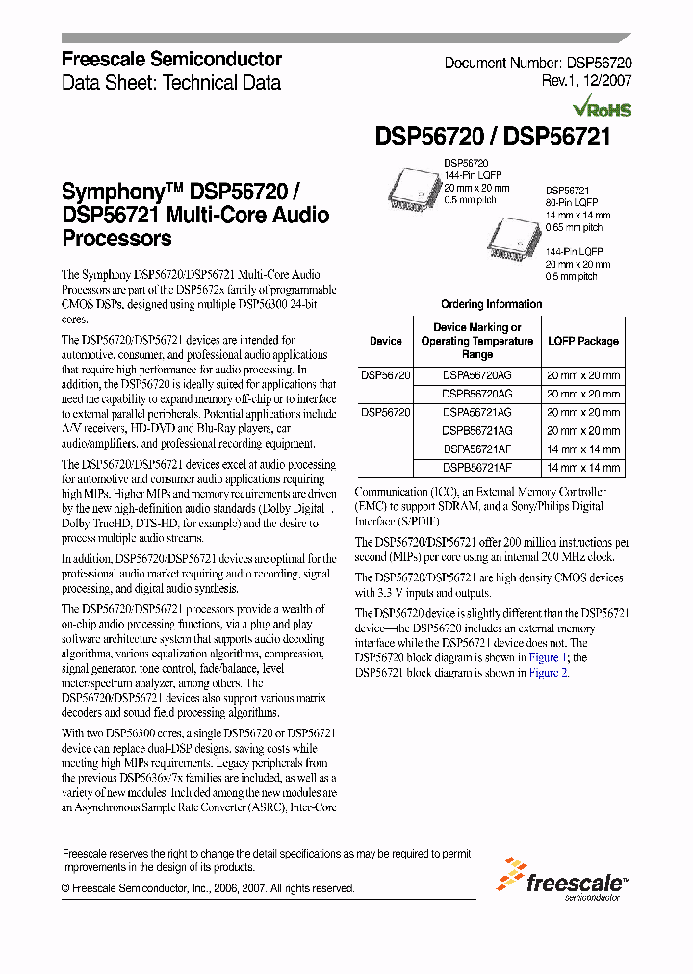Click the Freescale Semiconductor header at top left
pyautogui.click(x=171, y=60)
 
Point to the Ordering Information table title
pyautogui.click(x=491, y=304)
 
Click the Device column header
pyautogui.click(x=386, y=341)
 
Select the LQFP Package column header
pyautogui.click(x=583, y=341)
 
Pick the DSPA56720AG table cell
pyautogui.click(x=477, y=375)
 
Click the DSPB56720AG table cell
pyautogui.click(x=477, y=394)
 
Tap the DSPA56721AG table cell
pyautogui.click(x=477, y=412)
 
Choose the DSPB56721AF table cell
pyautogui.click(x=477, y=468)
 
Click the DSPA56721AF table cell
pyautogui.click(x=477, y=449)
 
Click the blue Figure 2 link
pyautogui.click(x=550, y=673)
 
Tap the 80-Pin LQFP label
pyautogui.click(x=573, y=203)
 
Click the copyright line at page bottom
pyautogui.click(x=208, y=888)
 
